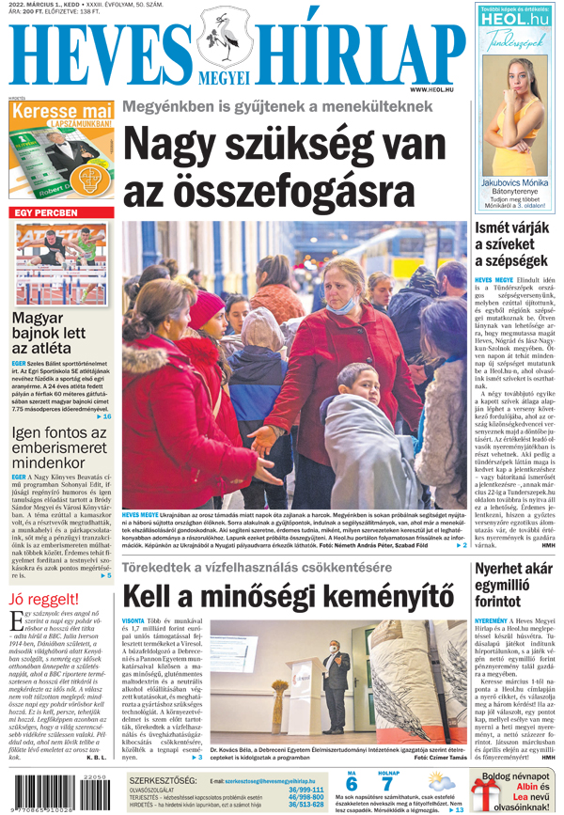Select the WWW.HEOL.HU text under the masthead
pos(444,89)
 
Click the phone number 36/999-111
pos(305,790)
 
